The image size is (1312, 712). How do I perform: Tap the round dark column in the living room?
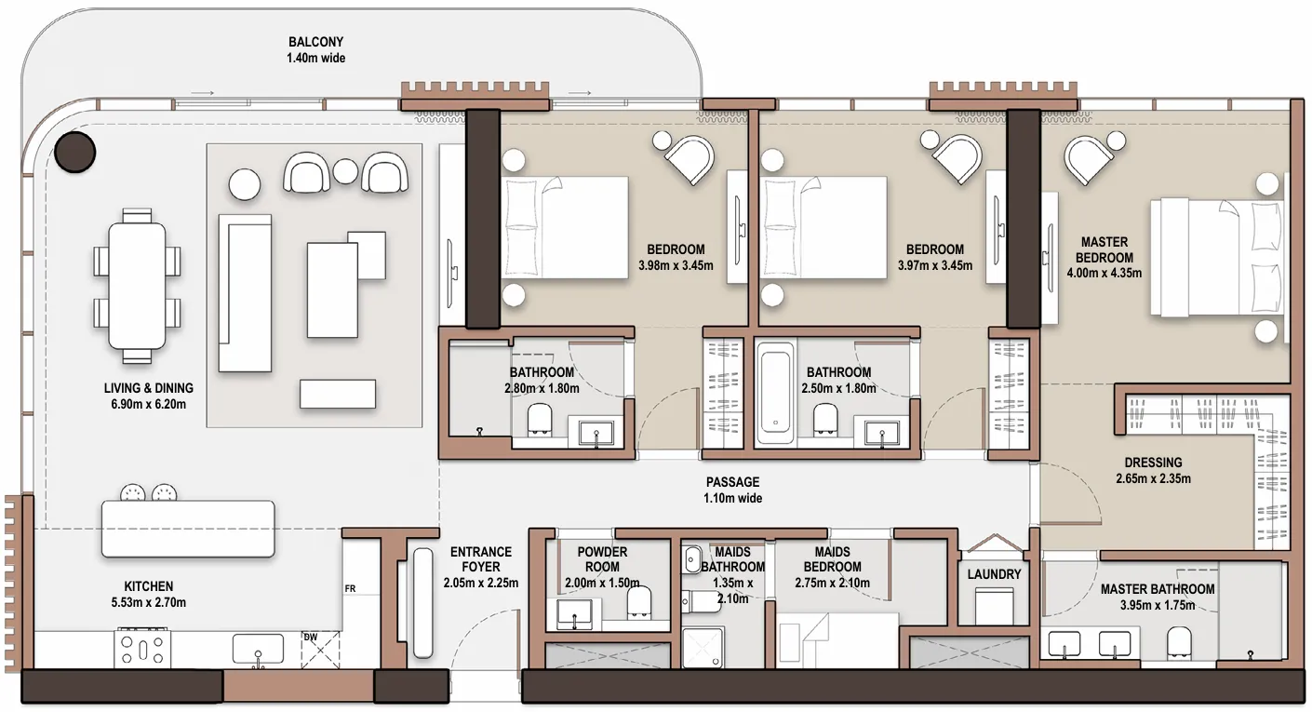pos(74,151)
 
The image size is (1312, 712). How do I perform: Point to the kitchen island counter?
pos(188,529)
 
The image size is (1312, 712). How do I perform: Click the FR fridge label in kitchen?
pos(351,589)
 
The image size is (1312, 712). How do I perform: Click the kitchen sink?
pos(258,649)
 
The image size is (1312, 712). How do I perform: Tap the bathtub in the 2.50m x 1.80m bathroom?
pos(775,393)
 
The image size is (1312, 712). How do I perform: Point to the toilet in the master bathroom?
pos(1179,642)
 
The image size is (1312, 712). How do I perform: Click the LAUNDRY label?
pos(994,574)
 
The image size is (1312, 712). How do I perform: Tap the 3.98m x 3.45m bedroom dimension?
pos(676,265)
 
